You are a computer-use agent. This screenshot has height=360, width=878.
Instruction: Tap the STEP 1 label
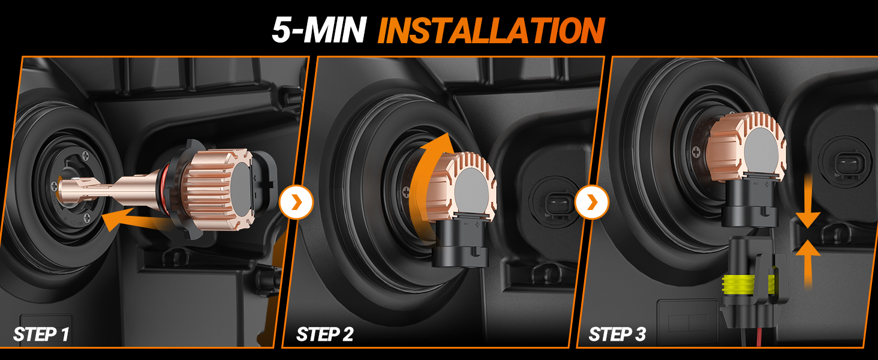tap(41, 334)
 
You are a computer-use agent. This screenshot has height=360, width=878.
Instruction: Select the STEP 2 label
tap(324, 334)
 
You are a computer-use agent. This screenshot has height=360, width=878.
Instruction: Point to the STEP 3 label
tap(617, 334)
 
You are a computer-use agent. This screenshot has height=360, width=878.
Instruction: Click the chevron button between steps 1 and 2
tap(296, 202)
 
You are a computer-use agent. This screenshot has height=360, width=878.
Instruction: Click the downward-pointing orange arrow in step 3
tap(807, 204)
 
